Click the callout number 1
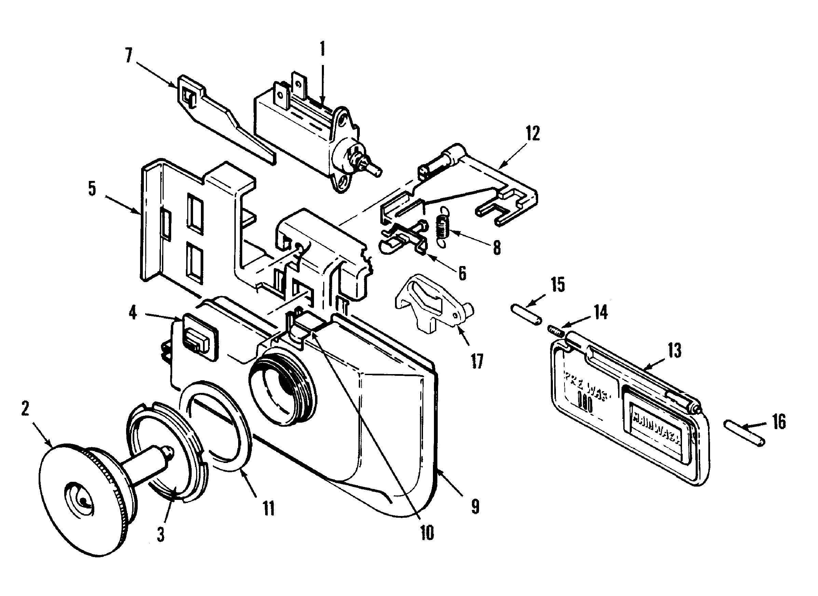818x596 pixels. tap(322, 53)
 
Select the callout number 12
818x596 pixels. tap(533, 133)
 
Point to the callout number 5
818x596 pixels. tap(92, 188)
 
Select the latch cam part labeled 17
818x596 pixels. tap(433, 309)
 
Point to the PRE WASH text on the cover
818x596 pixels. tap(587, 386)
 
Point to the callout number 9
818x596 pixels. tap(475, 507)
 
